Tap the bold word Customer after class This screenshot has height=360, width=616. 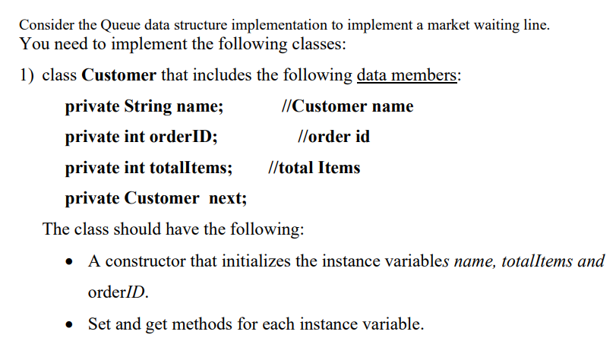click(x=118, y=75)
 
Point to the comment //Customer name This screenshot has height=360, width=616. click(x=347, y=106)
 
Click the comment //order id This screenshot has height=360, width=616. click(x=335, y=137)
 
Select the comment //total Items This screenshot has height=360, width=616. click(x=314, y=168)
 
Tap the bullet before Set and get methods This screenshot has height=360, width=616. click(x=71, y=325)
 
